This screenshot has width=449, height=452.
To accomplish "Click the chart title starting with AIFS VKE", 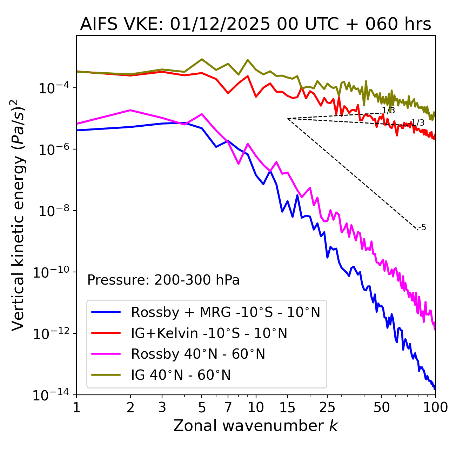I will pyautogui.click(x=255, y=25).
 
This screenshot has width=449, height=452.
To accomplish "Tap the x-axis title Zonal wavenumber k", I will pyautogui.click(x=255, y=426).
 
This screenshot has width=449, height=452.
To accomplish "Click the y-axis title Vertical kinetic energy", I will pyautogui.click(x=18, y=215).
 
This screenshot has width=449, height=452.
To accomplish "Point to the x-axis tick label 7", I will pyautogui.click(x=228, y=407).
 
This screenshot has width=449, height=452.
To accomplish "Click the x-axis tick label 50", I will pyautogui.click(x=381, y=407).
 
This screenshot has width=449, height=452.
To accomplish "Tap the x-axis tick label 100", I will pyautogui.click(x=435, y=407).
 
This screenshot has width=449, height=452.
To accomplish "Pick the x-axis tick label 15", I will pyautogui.click(x=287, y=407).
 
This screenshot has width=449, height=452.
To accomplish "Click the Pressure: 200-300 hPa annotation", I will pyautogui.click(x=163, y=280).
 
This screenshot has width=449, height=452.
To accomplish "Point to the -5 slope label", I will pyautogui.click(x=422, y=228).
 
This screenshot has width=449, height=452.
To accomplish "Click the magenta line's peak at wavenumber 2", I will pyautogui.click(x=130, y=110).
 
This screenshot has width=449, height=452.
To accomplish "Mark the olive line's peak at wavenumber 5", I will pyautogui.click(x=202, y=59).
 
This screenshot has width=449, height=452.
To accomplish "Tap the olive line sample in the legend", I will pyautogui.click(x=106, y=375).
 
